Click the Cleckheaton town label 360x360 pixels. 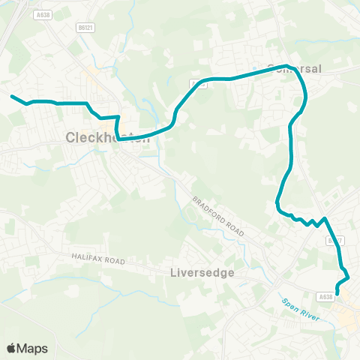(103, 137)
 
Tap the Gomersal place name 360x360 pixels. (294, 68)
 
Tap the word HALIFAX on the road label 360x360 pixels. (88, 256)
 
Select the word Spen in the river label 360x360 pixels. (290, 304)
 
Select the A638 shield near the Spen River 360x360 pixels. (325, 297)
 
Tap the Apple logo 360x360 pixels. (12, 348)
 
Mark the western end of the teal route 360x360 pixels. (11, 96)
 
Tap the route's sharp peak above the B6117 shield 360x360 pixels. (325, 218)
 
